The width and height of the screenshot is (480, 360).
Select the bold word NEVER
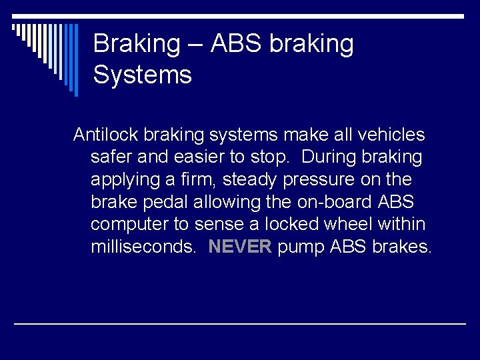tap(240, 247)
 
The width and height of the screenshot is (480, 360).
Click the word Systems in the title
tap(142, 75)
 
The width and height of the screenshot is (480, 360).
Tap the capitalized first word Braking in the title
tap(137, 44)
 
